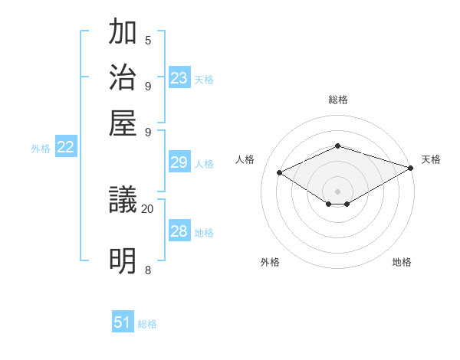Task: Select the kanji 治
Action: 123,78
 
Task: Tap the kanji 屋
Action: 123,122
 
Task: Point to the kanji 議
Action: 123,201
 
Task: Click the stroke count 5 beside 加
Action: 148,41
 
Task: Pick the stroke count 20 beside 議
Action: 147,208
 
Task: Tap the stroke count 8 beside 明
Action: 148,270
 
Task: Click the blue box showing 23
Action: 179,78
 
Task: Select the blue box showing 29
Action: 179,162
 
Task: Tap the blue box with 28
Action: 179,231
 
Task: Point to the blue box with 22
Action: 65,148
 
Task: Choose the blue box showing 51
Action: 123,322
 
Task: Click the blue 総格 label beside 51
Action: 147,324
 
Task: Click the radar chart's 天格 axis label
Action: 431,159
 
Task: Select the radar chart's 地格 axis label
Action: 402,262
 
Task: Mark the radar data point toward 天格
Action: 412,168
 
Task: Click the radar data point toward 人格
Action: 280,173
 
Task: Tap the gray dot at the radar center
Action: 337,190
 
